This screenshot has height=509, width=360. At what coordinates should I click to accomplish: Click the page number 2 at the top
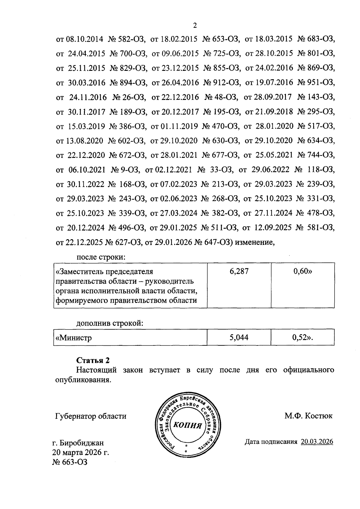coord(195,26)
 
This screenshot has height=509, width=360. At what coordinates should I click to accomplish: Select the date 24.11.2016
coord(88,97)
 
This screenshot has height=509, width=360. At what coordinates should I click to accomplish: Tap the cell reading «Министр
coord(130,338)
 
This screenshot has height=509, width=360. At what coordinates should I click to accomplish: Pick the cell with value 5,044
coord(239,338)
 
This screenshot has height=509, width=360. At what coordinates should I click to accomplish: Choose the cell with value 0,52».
coord(302,338)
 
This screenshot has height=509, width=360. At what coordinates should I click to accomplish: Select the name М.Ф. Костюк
coord(308,416)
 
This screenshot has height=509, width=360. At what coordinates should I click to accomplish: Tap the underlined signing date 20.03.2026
coord(317,442)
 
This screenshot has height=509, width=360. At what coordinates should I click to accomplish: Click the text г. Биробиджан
coord(78,443)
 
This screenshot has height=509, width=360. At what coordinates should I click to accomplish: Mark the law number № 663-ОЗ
coord(70,462)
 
